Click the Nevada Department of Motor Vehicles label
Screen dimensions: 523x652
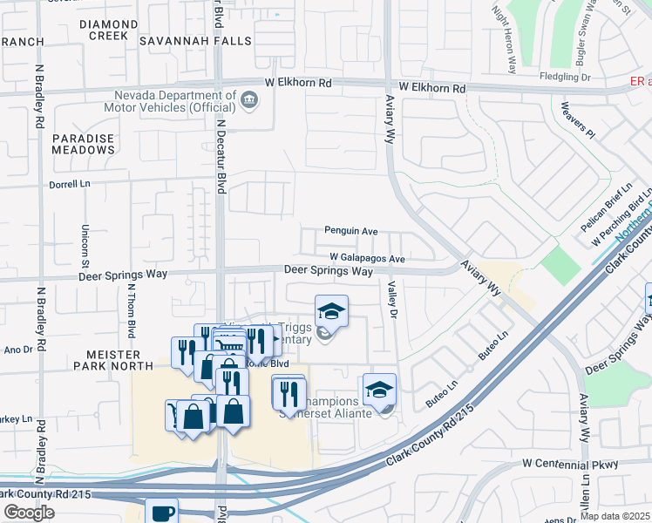pyautogui.click(x=173, y=101)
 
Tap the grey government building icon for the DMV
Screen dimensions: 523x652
pyautogui.click(x=248, y=99)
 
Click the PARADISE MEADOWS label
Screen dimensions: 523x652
pyautogui.click(x=83, y=144)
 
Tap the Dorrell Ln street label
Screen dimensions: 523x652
pyautogui.click(x=71, y=184)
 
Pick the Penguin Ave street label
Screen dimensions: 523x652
pyautogui.click(x=350, y=231)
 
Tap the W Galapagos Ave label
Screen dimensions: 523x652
pyautogui.click(x=367, y=259)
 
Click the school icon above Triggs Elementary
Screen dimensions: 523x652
pyautogui.click(x=331, y=310)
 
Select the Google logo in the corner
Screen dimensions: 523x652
pyautogui.click(x=29, y=513)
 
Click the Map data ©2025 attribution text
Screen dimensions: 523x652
pyautogui.click(x=615, y=516)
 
